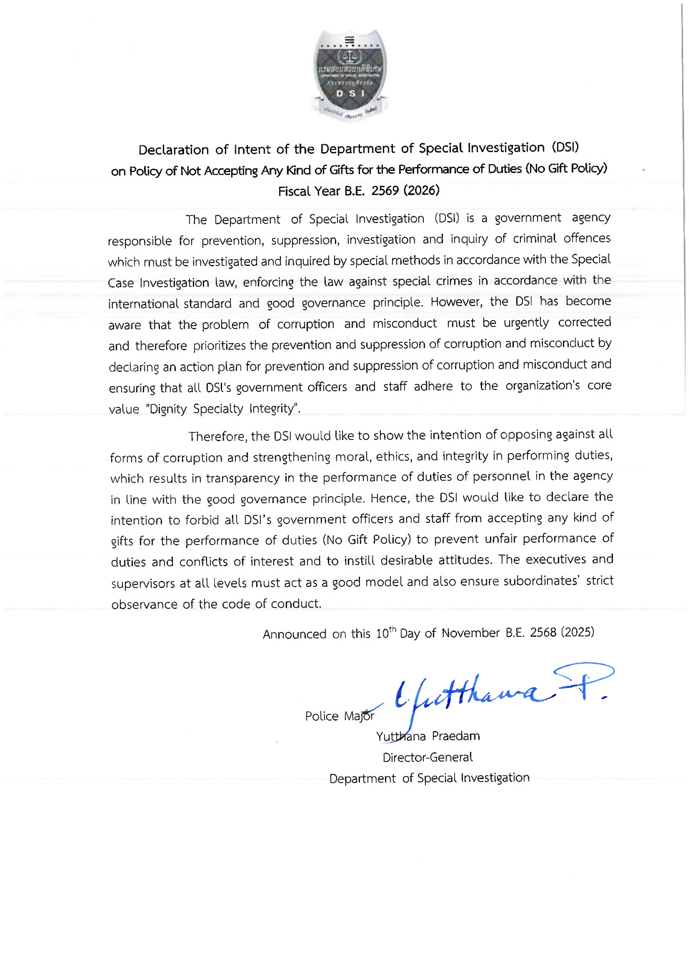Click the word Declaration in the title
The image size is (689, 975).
tap(173, 150)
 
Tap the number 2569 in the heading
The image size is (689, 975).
tap(385, 191)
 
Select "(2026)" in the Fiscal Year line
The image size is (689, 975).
tap(421, 190)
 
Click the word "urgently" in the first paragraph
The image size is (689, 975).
tap(526, 323)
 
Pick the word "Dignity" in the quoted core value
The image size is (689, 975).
tap(168, 409)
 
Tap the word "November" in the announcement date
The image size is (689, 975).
tap(470, 633)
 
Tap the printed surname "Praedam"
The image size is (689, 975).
tap(456, 736)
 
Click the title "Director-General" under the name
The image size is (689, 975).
tap(427, 757)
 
